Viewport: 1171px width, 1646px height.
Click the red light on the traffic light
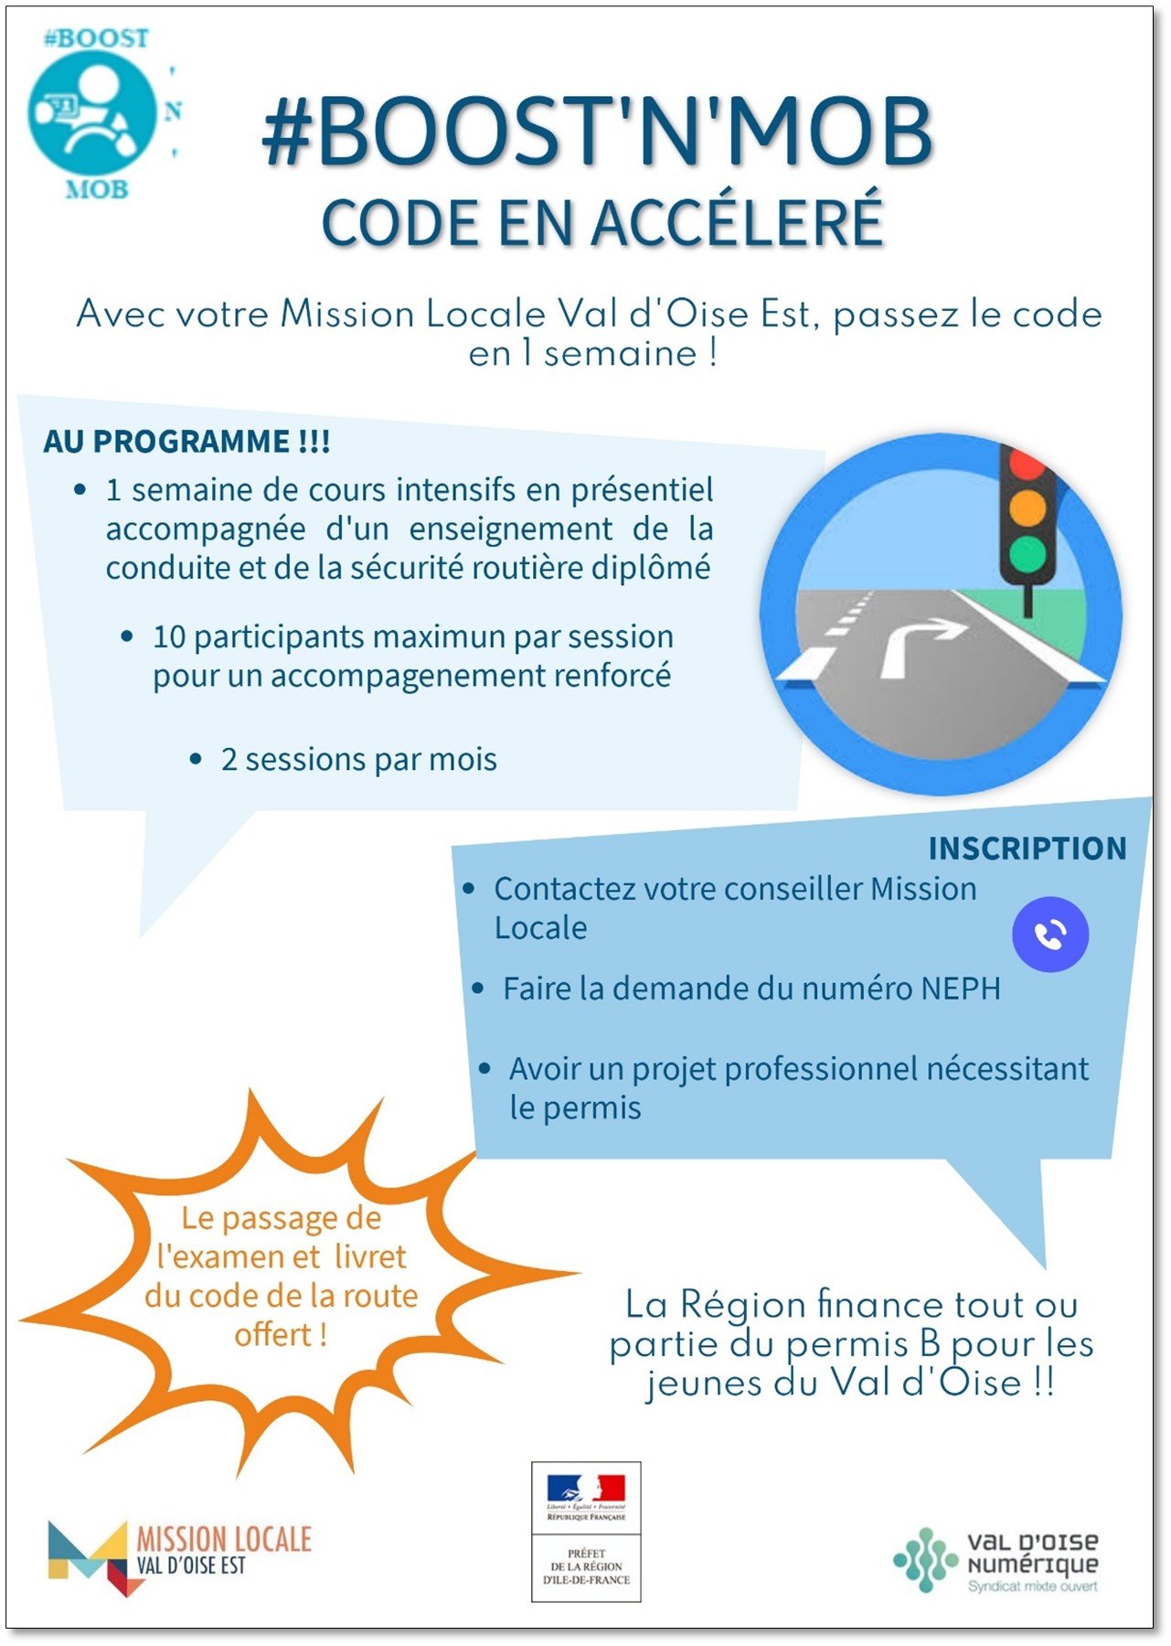1027,463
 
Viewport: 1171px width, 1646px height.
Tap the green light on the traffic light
1027,552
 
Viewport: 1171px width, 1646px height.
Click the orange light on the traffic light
1027,508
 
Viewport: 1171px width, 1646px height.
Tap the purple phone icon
1050,934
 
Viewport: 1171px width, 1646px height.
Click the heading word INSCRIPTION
1027,849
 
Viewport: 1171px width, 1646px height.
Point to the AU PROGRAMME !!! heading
186,442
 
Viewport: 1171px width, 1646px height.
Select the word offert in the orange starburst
272,1335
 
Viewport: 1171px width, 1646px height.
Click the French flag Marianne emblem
586,1489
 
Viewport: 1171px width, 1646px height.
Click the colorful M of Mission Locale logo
89,1557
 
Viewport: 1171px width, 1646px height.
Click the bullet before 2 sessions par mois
196,759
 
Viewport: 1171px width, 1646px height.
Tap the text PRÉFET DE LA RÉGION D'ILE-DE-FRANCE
586,1566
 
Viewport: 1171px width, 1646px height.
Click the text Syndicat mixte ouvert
1032,1587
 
